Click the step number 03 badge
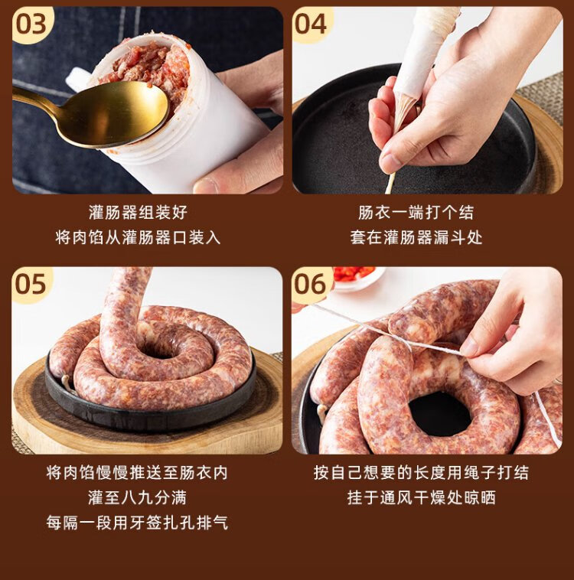(31, 24)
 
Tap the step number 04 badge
(311, 24)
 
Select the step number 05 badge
(31, 284)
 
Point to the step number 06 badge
(311, 284)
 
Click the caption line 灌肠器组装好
(138, 213)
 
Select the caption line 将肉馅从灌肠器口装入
(138, 237)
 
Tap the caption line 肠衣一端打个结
(416, 213)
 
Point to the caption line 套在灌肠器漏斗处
(416, 237)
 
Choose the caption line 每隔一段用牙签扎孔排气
(137, 523)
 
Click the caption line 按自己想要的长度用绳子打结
(421, 473)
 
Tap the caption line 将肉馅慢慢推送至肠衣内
(137, 473)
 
